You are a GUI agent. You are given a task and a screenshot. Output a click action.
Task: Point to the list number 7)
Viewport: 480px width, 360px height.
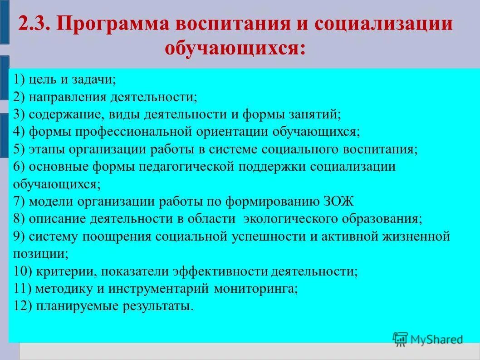[x=20, y=201]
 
